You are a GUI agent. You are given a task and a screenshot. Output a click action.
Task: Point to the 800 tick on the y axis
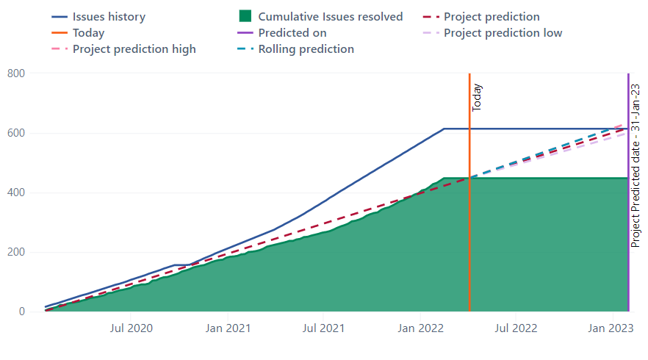tap(15, 73)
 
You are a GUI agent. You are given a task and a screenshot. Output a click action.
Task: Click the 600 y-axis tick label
tap(15, 133)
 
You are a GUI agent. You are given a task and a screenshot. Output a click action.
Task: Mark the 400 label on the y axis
tap(15, 192)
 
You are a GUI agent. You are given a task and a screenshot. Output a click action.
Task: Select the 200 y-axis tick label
tap(15, 252)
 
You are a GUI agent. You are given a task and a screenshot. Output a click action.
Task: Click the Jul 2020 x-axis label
tap(132, 328)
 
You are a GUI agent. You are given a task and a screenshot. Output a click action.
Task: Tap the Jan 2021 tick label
tap(227, 328)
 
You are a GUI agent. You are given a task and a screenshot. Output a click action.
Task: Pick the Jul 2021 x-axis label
tap(323, 328)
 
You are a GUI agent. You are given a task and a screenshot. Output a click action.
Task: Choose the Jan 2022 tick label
tap(420, 328)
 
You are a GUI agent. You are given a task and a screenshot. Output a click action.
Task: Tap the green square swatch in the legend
tap(246, 17)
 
